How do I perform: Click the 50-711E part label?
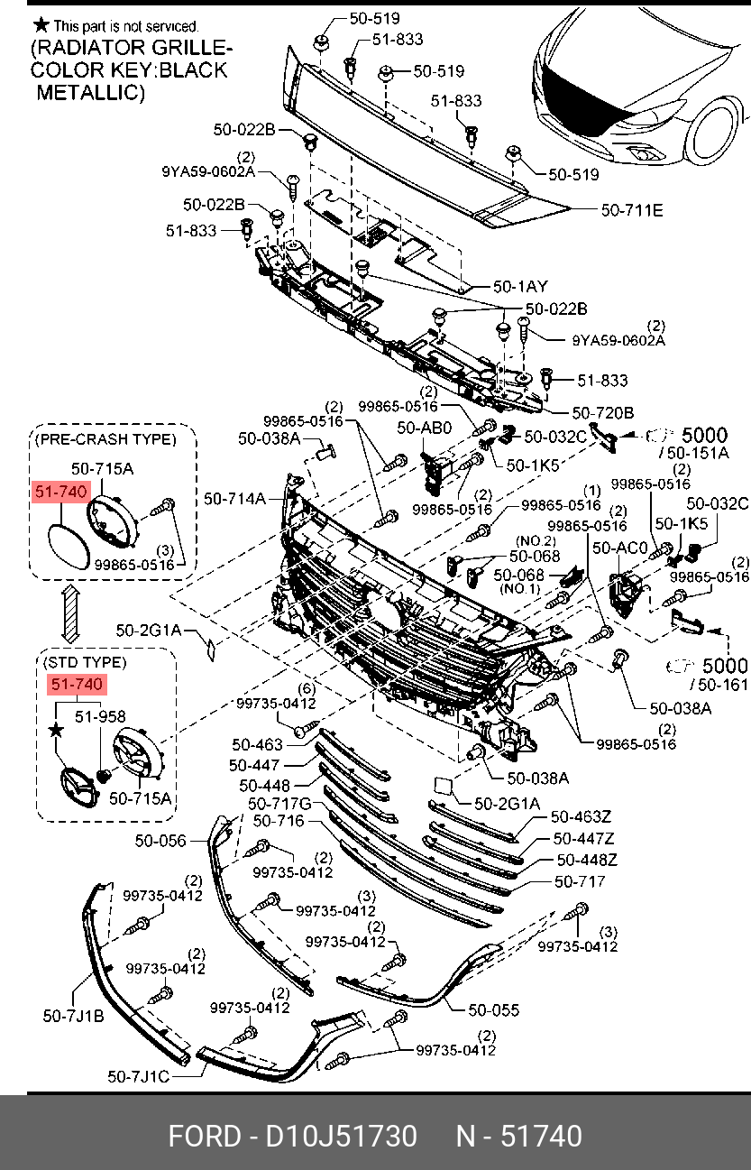pos(632,211)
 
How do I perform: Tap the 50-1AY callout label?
pos(520,286)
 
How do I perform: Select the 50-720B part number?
pos(603,413)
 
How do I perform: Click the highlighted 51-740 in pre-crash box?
pos(60,492)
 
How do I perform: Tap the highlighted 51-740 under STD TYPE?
pos(78,686)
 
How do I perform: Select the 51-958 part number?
pos(99,716)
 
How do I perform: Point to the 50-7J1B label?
pos(73,1016)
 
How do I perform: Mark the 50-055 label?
pos(493,1010)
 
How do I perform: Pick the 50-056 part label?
pos(160,841)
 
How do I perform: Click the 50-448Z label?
pos(586,861)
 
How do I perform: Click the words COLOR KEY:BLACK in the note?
pos(128,69)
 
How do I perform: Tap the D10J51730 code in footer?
pos(340,1136)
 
